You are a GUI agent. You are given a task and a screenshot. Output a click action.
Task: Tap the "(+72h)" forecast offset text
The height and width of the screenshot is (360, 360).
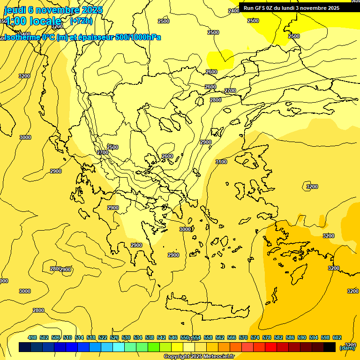coord(81,21)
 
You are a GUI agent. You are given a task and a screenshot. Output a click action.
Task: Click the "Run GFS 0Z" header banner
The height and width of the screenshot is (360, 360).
coord(291,7)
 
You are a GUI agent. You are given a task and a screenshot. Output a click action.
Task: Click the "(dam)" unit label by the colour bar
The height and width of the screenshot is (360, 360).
coord(347,348)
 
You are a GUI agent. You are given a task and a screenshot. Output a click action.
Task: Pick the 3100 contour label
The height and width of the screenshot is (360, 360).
coord(221,162)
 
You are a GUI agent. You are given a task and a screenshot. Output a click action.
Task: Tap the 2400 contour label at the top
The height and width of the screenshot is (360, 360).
coord(233,11)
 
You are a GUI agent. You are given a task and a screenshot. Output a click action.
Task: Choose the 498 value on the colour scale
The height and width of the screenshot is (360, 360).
coord(32,337)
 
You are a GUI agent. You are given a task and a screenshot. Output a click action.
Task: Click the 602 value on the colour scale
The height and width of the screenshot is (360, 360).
coord(337,337)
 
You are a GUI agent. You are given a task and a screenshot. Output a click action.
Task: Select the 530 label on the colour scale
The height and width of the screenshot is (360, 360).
coord(126,337)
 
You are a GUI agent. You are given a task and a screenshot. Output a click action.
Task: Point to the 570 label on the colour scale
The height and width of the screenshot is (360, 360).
coord(243,337)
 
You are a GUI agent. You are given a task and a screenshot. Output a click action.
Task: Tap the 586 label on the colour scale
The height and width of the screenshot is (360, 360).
coord(290,337)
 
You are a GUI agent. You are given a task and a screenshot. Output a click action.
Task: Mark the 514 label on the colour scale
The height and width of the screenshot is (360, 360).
coord(79,337)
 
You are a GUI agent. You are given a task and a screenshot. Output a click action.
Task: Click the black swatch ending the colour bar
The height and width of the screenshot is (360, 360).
coord(330,347)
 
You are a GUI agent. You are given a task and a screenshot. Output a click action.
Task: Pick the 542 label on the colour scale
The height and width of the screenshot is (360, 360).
coord(161,337)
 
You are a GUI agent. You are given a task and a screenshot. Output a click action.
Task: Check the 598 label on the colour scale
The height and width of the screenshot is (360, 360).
coord(325,337)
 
